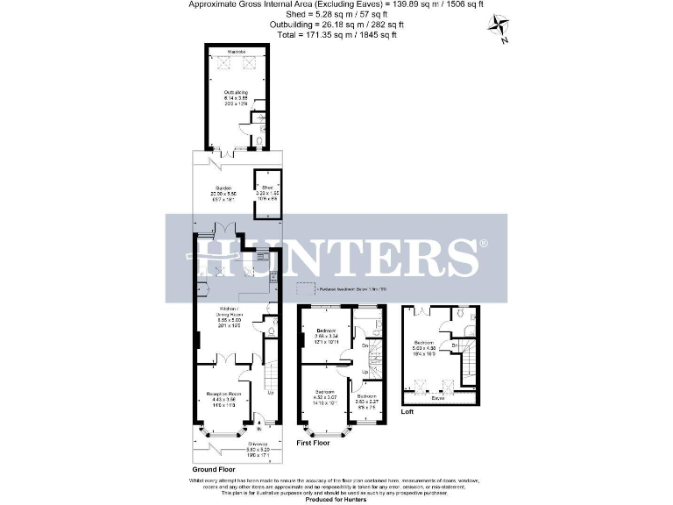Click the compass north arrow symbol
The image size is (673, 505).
coord(499,27)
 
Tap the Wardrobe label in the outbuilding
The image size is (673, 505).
coord(236,53)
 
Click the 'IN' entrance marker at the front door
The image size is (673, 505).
coord(259,430)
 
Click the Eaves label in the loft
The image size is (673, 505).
coord(436,398)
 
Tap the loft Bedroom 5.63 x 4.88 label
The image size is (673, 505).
coord(423,345)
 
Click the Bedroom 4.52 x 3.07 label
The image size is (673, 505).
coord(324,394)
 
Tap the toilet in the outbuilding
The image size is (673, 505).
coord(263,139)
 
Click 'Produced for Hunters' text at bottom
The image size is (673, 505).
coord(336,499)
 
